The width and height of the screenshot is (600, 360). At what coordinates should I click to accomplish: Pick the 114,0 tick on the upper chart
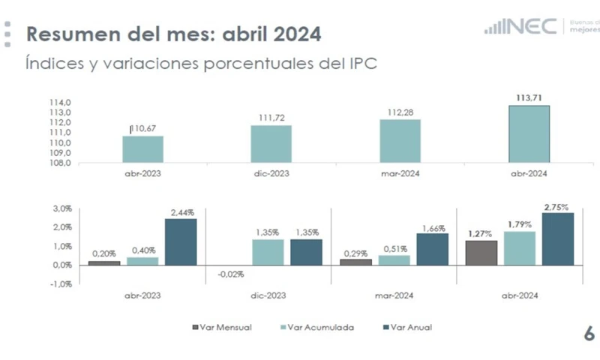pos(60,103)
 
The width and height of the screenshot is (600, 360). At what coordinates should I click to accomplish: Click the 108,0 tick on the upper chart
pos(60,163)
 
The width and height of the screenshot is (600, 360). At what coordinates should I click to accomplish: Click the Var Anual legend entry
pos(408,327)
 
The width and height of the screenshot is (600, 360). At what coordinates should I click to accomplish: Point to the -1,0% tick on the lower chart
pos(61,283)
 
